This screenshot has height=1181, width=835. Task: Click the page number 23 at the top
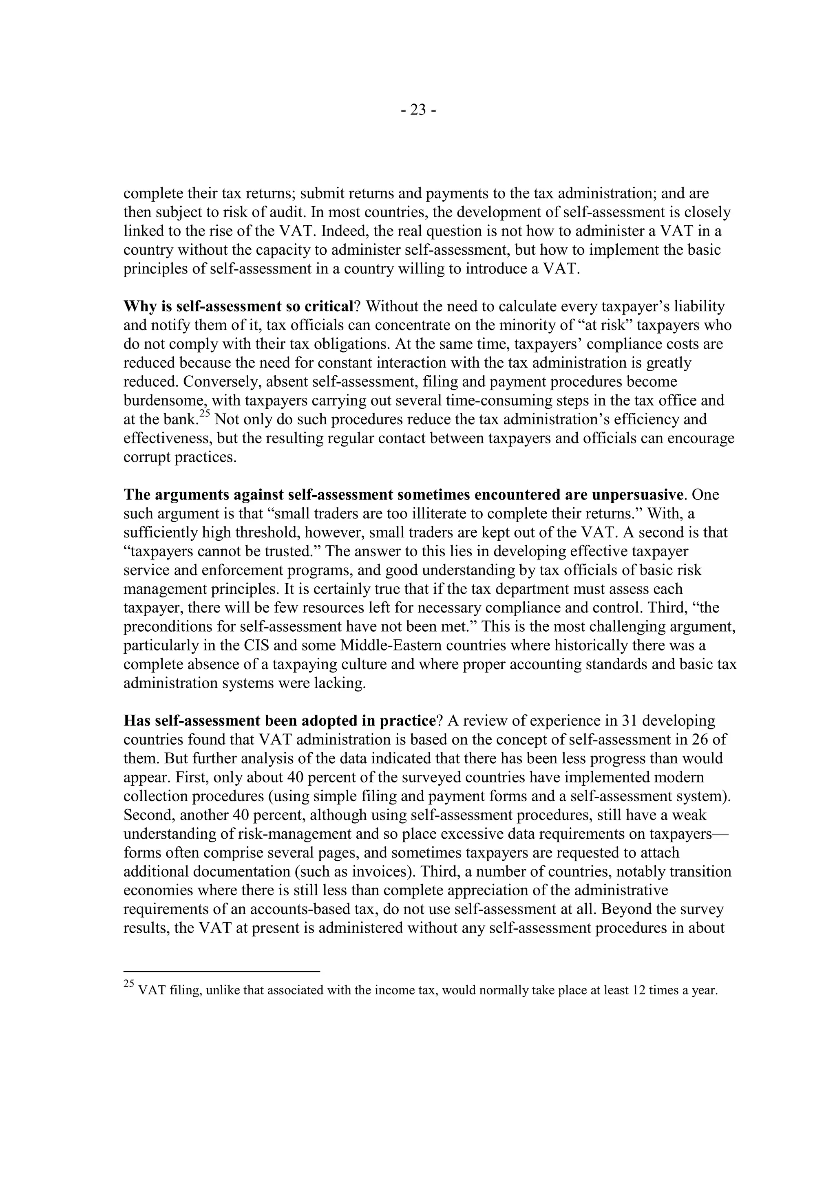(418, 110)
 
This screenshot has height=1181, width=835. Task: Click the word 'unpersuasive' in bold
(637, 495)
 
